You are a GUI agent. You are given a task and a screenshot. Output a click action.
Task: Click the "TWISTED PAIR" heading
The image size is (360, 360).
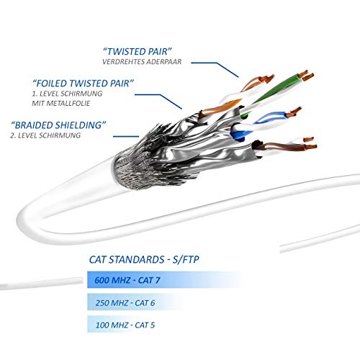coord(138,51)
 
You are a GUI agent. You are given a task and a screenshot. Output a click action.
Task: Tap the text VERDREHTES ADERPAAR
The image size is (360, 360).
coord(142,62)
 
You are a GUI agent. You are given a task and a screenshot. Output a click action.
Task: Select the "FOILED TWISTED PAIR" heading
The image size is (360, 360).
coord(83,84)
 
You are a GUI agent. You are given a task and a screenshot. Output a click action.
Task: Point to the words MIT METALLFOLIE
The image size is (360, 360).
coord(61,103)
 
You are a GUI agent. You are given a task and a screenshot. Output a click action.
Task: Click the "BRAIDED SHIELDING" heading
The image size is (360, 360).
coord(58,125)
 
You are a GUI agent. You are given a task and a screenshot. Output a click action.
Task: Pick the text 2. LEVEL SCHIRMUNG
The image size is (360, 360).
coord(45,135)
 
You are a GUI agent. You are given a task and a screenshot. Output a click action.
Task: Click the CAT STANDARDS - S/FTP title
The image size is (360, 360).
coord(144,260)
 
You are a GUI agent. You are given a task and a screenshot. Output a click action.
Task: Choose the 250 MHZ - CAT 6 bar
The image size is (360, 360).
coord(135,302)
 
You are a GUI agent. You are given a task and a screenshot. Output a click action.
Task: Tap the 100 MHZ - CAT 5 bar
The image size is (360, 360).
coord(125,325)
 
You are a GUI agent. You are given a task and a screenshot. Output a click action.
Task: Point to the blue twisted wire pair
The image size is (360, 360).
coord(264,124)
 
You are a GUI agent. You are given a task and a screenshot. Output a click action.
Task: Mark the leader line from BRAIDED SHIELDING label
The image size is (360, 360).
coord(126,137)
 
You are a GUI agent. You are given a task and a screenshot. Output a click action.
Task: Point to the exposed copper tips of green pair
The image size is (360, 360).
coord(306,76)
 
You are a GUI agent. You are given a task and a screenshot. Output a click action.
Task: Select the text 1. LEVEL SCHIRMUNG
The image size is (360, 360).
coord(67,94)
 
